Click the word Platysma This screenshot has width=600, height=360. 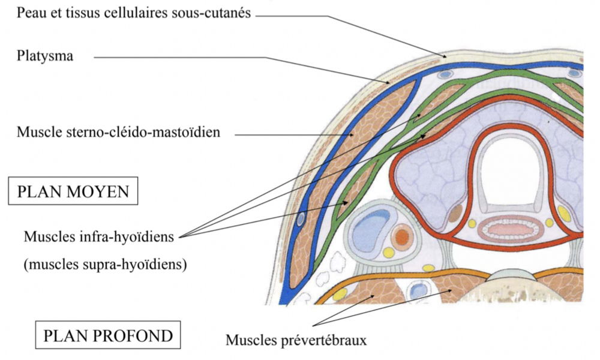click(46, 56)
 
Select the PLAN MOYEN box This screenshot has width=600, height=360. click(73, 192)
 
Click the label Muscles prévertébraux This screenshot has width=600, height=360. click(296, 341)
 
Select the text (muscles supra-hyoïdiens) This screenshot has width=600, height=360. click(105, 263)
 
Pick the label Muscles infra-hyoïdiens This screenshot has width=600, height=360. click(98, 236)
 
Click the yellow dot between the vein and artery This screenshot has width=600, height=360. click(389, 253)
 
